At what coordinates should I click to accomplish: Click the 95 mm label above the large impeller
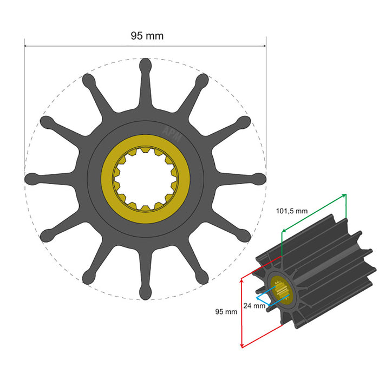[147, 36]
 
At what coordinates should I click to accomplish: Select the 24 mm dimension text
[254, 305]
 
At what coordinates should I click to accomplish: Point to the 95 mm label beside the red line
[226, 312]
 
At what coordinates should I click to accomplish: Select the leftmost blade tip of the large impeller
[31, 179]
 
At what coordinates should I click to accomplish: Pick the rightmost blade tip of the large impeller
[260, 179]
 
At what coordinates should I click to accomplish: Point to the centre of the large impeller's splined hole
[145, 179]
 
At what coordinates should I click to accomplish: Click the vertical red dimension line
[240, 311]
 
